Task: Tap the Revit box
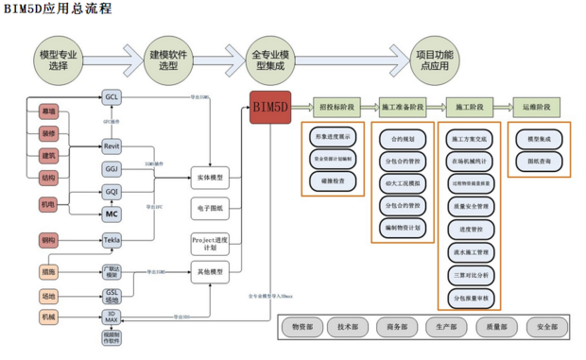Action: pyautogui.click(x=112, y=146)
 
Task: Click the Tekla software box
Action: pyautogui.click(x=112, y=241)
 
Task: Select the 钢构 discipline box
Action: pyautogui.click(x=48, y=239)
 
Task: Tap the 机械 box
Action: pyautogui.click(x=48, y=316)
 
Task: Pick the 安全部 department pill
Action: pyautogui.click(x=545, y=328)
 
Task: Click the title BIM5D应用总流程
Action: pyautogui.click(x=58, y=9)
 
